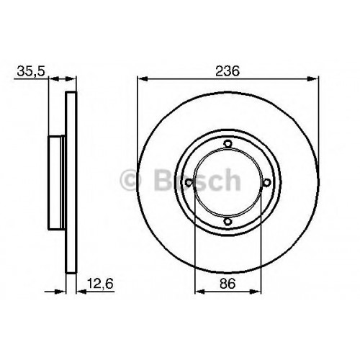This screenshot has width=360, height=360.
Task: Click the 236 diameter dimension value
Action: click(x=228, y=71)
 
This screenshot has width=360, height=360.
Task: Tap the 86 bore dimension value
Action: click(x=228, y=284)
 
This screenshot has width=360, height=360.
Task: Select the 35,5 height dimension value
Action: click(x=31, y=71)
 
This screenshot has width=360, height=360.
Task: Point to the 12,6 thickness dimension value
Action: click(x=99, y=284)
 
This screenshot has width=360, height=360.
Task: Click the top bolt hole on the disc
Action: click(x=228, y=144)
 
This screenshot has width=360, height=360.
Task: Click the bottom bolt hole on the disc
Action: click(x=228, y=221)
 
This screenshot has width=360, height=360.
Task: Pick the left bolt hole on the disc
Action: click(x=189, y=183)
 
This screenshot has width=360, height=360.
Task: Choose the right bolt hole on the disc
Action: click(x=266, y=183)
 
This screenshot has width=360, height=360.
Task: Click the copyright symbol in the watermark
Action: click(x=130, y=180)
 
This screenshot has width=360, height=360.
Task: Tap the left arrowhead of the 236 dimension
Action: click(x=143, y=78)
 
